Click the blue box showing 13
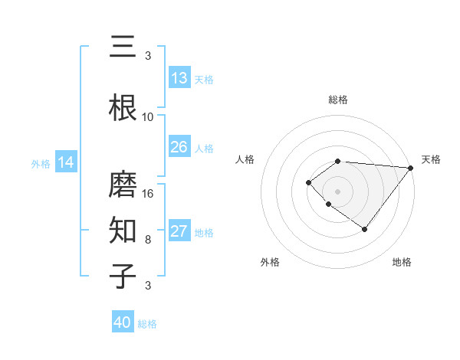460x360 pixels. [x=179, y=78]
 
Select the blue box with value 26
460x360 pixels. [x=179, y=147]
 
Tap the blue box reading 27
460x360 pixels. [x=179, y=232]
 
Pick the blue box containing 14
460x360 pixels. [x=66, y=162]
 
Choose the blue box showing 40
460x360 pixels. [x=123, y=322]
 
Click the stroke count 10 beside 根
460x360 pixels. [x=148, y=117]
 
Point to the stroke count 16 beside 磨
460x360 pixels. [x=148, y=193]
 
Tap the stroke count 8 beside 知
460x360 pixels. [x=148, y=239]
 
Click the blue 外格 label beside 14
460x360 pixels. [x=41, y=163]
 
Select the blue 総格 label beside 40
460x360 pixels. [x=147, y=324]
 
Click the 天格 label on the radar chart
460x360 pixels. [x=432, y=159]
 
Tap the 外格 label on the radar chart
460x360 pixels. [x=270, y=262]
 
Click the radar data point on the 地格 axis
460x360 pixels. [x=365, y=229]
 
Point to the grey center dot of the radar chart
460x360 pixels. [x=337, y=191]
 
